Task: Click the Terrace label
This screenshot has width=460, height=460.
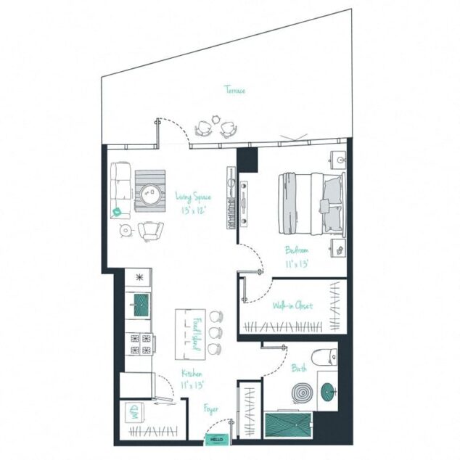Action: tap(234, 91)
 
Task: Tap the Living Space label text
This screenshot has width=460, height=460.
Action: tap(192, 196)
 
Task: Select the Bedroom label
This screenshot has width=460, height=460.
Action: tap(297, 251)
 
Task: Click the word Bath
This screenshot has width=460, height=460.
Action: tap(299, 369)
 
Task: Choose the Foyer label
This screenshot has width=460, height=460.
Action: tap(210, 409)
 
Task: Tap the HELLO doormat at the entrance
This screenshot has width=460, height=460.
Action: tap(215, 439)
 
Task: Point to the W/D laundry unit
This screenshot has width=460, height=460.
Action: tap(133, 413)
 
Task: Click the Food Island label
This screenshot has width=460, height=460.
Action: tap(195, 332)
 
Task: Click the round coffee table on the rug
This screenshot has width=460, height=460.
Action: tap(151, 192)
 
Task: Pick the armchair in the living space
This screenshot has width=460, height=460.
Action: tap(151, 231)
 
